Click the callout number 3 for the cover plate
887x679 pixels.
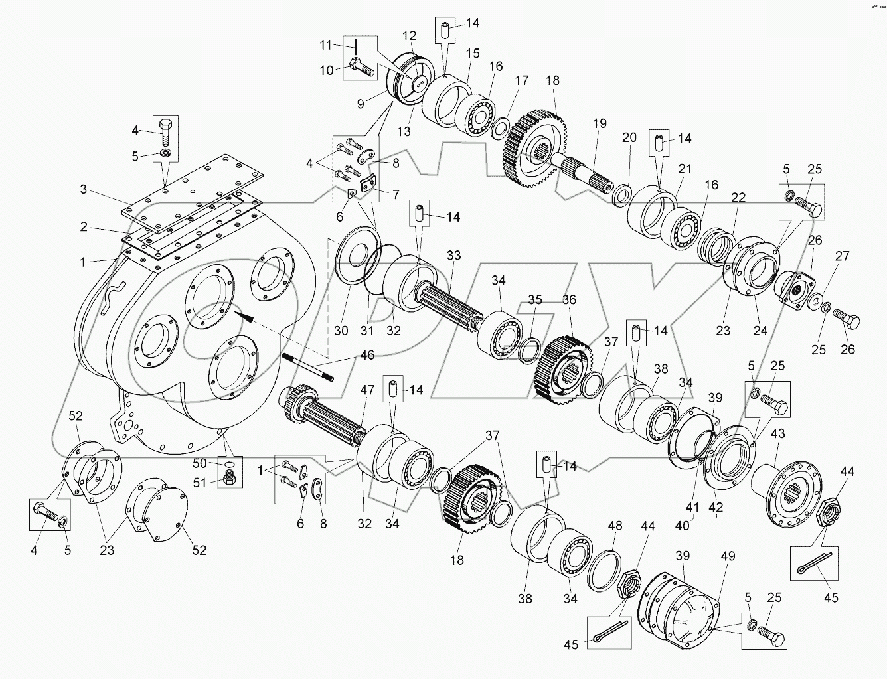click(84, 189)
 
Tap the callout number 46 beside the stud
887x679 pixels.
click(366, 356)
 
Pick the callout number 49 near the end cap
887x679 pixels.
click(728, 556)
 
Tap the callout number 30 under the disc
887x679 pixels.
click(341, 331)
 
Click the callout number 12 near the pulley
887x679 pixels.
click(410, 35)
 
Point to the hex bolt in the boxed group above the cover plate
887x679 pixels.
click(166, 133)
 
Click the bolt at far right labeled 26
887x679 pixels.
click(848, 323)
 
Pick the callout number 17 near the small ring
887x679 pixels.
click(522, 80)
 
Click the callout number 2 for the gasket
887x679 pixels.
click(84, 227)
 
